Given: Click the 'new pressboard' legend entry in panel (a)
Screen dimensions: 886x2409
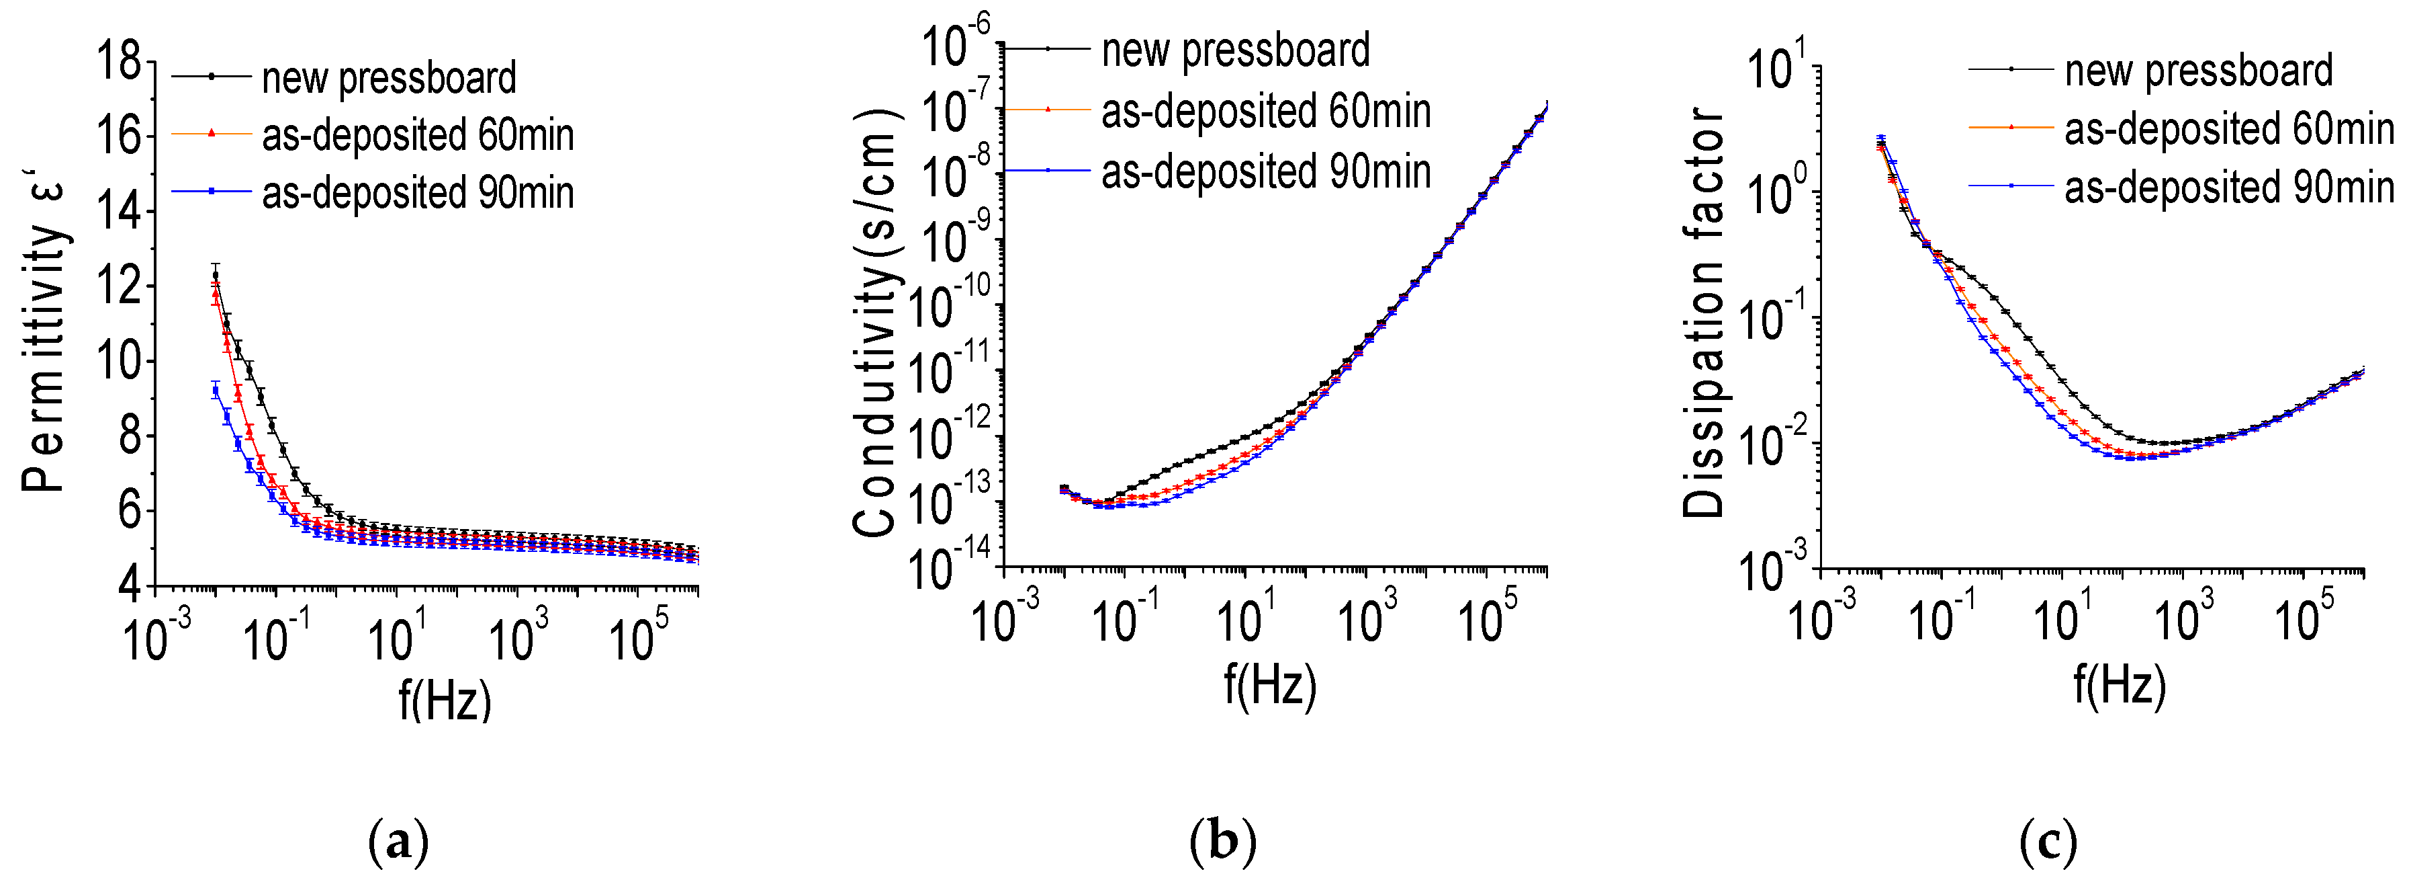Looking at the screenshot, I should pos(388,78).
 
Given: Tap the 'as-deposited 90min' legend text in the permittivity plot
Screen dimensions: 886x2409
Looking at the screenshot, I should pos(417,193).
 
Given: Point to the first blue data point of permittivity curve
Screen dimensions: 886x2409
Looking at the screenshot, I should pos(216,391).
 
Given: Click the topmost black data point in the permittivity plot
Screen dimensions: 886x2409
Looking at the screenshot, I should pos(215,275).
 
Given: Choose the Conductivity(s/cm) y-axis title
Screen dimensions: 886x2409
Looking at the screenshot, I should pos(877,323).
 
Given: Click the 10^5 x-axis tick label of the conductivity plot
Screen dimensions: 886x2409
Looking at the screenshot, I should pos(1487,618).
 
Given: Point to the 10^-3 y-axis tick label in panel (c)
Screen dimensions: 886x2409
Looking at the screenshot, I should pos(1772,567).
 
